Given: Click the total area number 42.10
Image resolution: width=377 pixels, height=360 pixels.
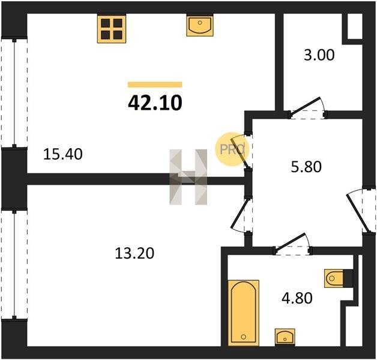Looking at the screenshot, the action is (155, 103).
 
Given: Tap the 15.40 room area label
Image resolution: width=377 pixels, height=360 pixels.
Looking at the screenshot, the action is (63, 154).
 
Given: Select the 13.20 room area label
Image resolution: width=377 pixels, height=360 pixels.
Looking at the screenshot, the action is (134, 253).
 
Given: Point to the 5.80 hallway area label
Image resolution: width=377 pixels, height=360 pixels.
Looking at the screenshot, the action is (306, 167).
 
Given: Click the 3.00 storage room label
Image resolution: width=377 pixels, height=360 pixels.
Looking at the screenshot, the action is (319, 55).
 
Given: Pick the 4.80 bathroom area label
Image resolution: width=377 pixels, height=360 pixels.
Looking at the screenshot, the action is (297, 298).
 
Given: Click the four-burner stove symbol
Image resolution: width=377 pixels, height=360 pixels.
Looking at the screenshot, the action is (112, 29).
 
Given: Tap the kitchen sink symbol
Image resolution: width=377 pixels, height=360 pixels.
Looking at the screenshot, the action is (200, 25).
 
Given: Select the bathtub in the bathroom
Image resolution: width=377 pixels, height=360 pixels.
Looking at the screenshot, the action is (244, 313).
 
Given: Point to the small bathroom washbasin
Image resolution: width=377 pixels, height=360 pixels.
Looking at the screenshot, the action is (285, 337).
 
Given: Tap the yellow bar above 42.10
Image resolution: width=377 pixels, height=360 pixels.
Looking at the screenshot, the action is (155, 85).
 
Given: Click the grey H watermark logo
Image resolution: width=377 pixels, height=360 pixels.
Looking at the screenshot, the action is (188, 177).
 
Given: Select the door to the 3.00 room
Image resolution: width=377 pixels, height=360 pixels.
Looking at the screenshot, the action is (307, 108).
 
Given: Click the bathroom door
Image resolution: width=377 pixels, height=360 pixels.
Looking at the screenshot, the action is (293, 245).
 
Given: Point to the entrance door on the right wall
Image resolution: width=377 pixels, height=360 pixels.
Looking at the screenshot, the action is (361, 211).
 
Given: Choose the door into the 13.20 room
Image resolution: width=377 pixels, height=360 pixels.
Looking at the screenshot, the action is (241, 215).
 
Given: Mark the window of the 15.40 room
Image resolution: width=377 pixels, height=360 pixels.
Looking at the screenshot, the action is (14, 92).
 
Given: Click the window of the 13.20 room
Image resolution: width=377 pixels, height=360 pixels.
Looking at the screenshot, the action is (14, 265).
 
